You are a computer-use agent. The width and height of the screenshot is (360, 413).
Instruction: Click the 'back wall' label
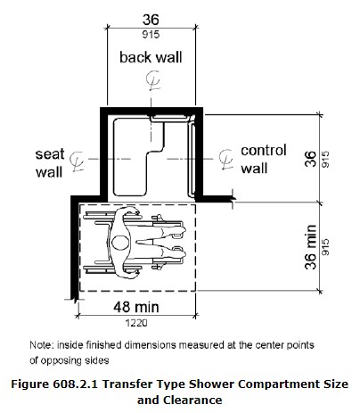tap(151, 59)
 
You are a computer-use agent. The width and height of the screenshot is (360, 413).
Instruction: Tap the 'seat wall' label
tap(48, 159)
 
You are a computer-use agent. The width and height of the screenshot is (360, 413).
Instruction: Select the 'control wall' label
tap(263, 159)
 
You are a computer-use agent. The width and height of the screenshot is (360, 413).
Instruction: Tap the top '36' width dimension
tap(150, 19)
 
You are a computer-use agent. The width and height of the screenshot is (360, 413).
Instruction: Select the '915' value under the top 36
tap(150, 36)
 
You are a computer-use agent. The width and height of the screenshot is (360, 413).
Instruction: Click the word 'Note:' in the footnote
tap(41, 344)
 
